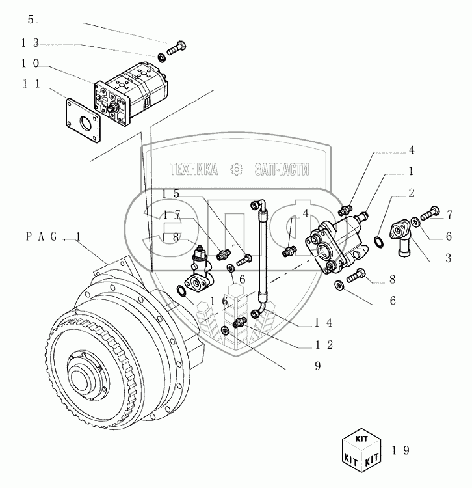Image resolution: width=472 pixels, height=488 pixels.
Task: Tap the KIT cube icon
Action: click(361, 450)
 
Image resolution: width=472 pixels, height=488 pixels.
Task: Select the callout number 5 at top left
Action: click(31, 20)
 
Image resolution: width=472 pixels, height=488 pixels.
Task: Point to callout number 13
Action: click(31, 43)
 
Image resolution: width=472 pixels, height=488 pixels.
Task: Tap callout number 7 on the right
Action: click(449, 215)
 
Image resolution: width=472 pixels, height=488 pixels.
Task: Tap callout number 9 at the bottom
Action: click(318, 366)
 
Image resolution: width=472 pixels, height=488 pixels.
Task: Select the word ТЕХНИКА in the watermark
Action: click(193, 170)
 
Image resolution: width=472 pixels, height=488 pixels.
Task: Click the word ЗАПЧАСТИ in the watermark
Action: click(282, 170)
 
